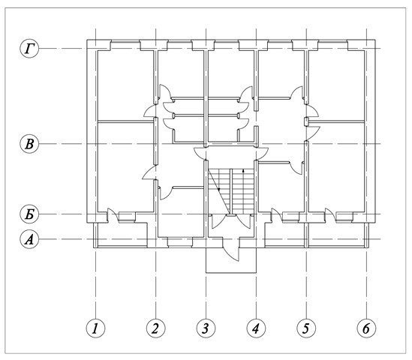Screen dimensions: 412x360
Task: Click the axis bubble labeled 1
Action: pyautogui.click(x=95, y=328)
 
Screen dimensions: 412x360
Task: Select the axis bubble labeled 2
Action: pyautogui.click(x=156, y=328)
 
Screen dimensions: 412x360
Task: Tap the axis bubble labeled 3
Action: pyautogui.click(x=206, y=328)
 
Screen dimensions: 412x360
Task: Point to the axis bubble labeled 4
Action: pyautogui.click(x=256, y=328)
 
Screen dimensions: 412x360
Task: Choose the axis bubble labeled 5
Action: pyautogui.click(x=306, y=328)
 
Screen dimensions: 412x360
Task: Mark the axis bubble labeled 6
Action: pyautogui.click(x=366, y=328)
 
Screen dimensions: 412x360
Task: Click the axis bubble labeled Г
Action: pyautogui.click(x=29, y=49)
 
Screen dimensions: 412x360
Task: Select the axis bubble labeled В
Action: pyautogui.click(x=29, y=144)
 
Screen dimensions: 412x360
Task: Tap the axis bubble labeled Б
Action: pyautogui.click(x=29, y=214)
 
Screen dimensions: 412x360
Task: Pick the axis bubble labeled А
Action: pyautogui.click(x=29, y=239)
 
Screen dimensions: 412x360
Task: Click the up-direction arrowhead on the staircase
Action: pyautogui.click(x=244, y=170)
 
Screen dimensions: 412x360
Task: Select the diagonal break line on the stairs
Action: pyautogui.click(x=218, y=191)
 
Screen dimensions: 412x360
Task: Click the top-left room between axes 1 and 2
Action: pyautogui.click(x=125, y=85)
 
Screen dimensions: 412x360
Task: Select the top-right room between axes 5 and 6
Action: pyautogui.click(x=336, y=85)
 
